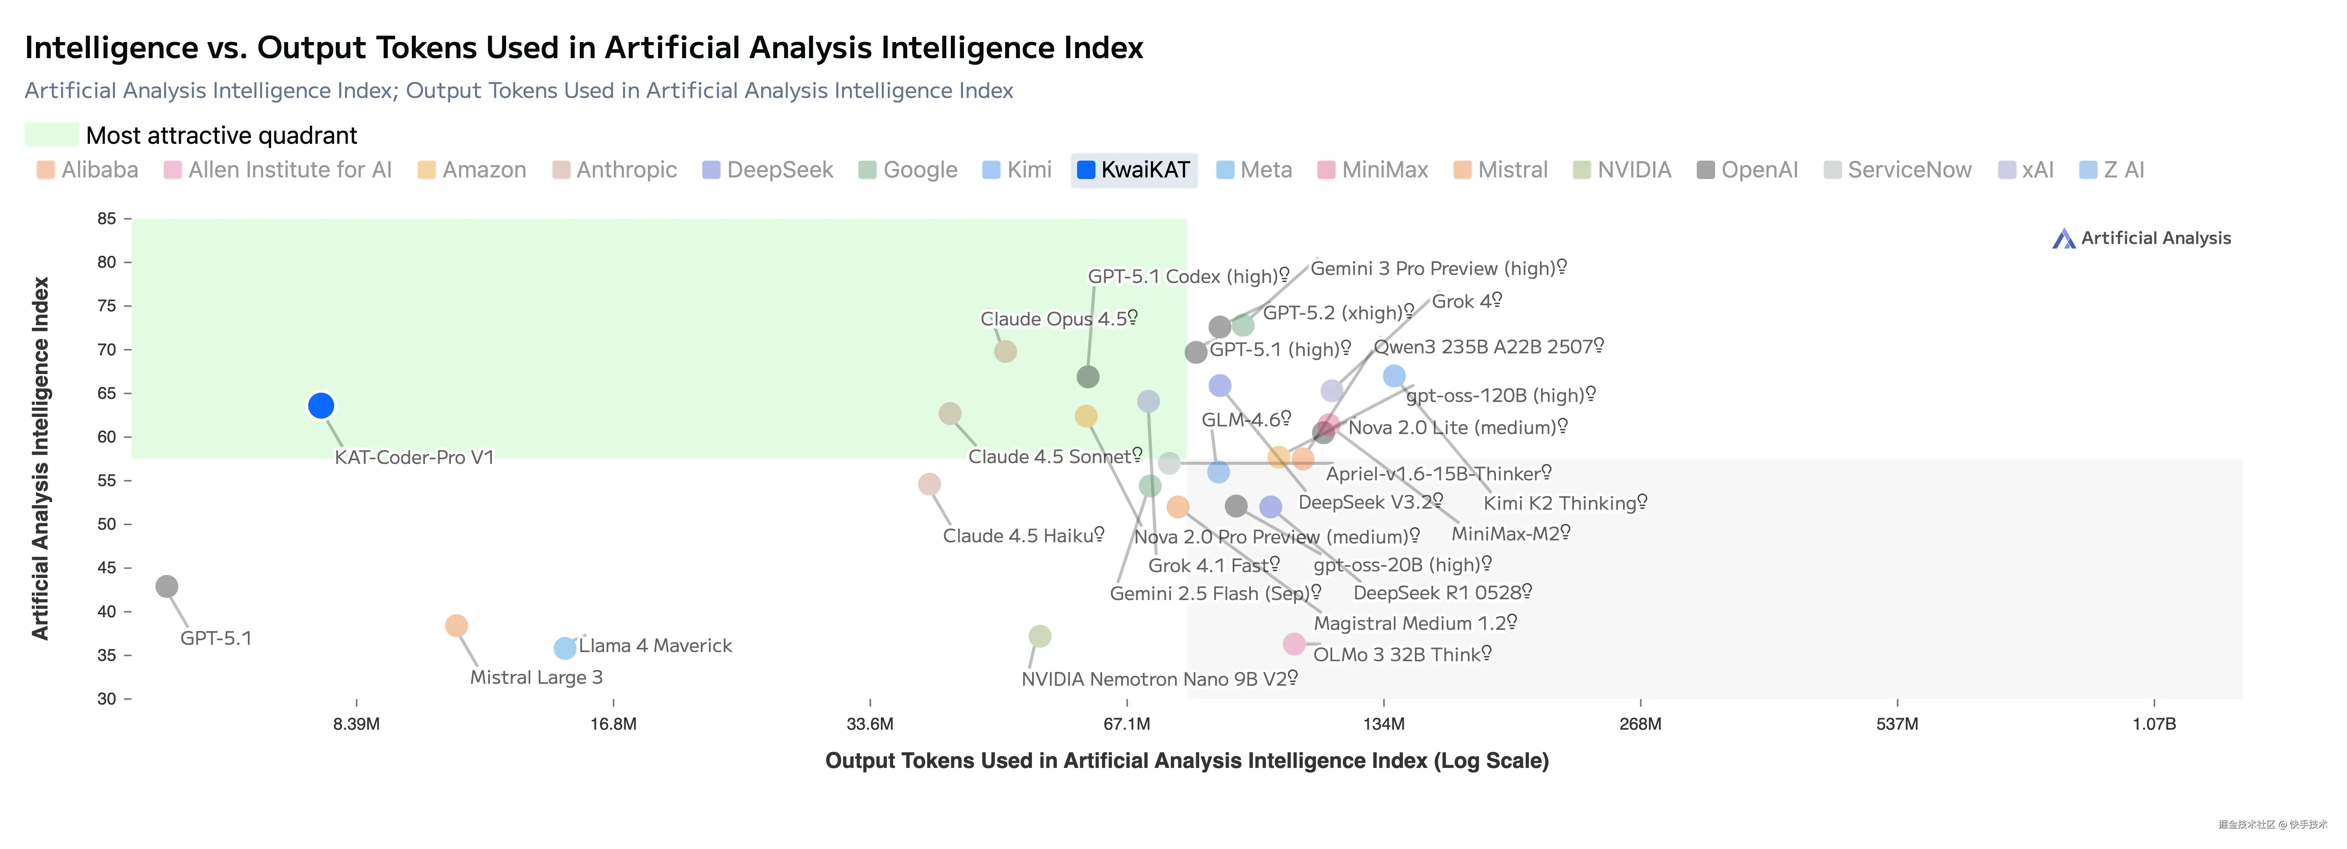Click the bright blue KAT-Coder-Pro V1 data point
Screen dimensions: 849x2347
pyautogui.click(x=321, y=405)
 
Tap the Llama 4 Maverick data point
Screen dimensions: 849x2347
pyautogui.click(x=565, y=648)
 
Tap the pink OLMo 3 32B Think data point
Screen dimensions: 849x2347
pyautogui.click(x=1294, y=644)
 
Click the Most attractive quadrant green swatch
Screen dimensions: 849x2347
pyautogui.click(x=51, y=135)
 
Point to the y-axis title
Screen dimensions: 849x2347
pyautogui.click(x=40, y=458)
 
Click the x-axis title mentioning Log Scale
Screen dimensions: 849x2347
pyautogui.click(x=1186, y=761)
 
